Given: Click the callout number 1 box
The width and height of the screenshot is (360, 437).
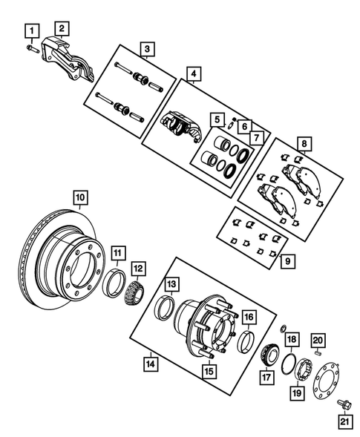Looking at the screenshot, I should click(x=30, y=31).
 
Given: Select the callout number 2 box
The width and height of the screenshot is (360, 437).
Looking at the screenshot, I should click(x=63, y=28).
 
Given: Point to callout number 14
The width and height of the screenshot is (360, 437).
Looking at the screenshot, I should click(x=151, y=364).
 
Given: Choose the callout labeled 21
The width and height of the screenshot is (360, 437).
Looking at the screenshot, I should click(x=343, y=423).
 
